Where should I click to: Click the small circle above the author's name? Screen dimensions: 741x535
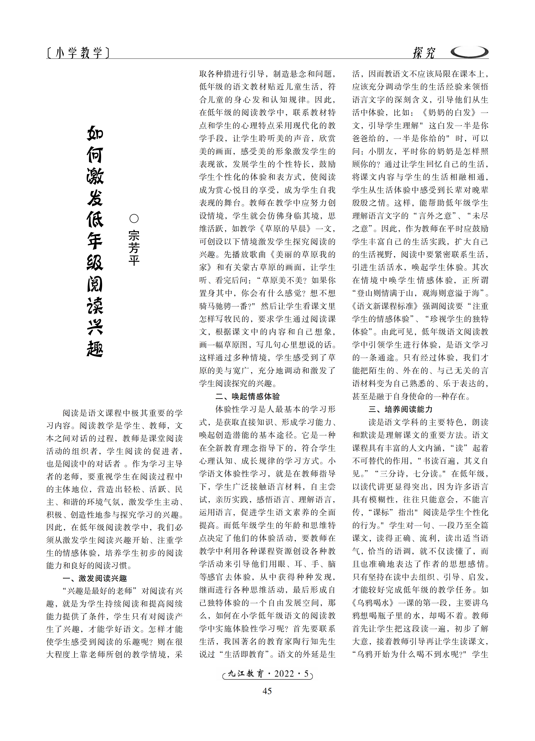click(x=134, y=219)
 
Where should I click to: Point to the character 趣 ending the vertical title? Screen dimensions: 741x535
click(x=95, y=349)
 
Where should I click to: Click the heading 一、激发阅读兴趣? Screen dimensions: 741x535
click(x=95, y=578)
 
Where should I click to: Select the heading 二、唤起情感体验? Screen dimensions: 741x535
click(x=248, y=396)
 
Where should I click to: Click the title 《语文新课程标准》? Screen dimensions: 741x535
click(x=386, y=306)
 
